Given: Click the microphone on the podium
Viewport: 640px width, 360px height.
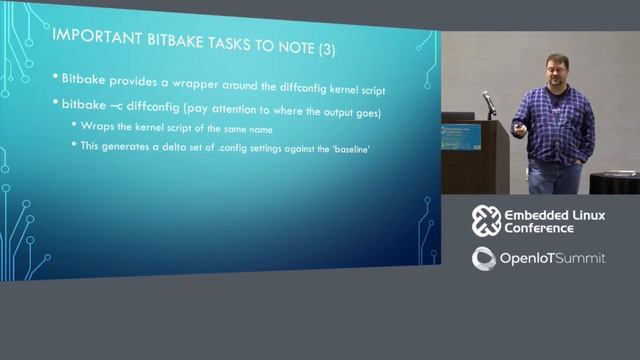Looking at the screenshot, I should pyautogui.click(x=489, y=101).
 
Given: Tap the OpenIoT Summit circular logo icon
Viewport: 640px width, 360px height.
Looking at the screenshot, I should pyautogui.click(x=485, y=258).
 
